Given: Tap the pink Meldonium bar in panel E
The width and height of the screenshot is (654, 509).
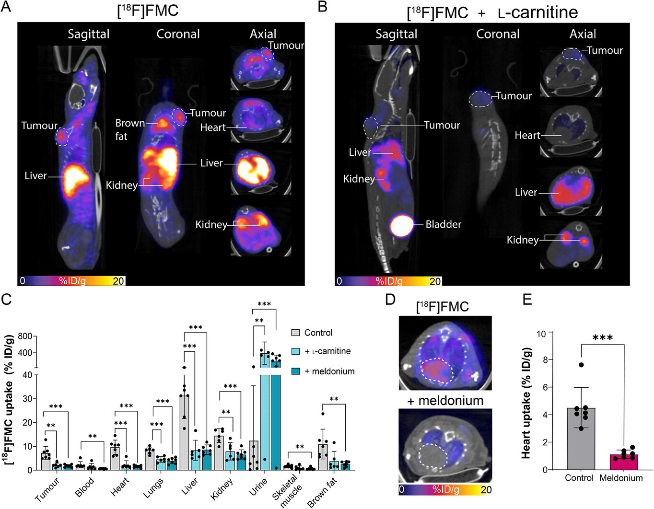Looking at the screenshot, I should pyautogui.click(x=621, y=462).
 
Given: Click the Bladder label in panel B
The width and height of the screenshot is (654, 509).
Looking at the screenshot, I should pyautogui.click(x=443, y=224).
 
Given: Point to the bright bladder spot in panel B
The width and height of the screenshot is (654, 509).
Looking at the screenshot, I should pyautogui.click(x=401, y=226).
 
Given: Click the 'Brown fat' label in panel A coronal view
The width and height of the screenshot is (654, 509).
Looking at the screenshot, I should pyautogui.click(x=128, y=129).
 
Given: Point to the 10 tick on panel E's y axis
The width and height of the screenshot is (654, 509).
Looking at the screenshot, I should pyautogui.click(x=541, y=333).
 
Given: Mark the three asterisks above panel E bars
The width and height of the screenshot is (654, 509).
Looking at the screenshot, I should pyautogui.click(x=602, y=338).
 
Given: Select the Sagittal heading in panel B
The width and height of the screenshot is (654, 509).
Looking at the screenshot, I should pyautogui.click(x=396, y=34).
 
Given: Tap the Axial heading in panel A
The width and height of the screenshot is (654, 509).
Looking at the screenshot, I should pyautogui.click(x=263, y=34).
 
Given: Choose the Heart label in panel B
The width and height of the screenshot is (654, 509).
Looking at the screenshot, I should pyautogui.click(x=527, y=136).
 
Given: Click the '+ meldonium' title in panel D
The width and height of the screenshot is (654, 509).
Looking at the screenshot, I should pyautogui.click(x=445, y=401).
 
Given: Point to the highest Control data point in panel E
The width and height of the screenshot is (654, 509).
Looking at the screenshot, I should pyautogui.click(x=581, y=365).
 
